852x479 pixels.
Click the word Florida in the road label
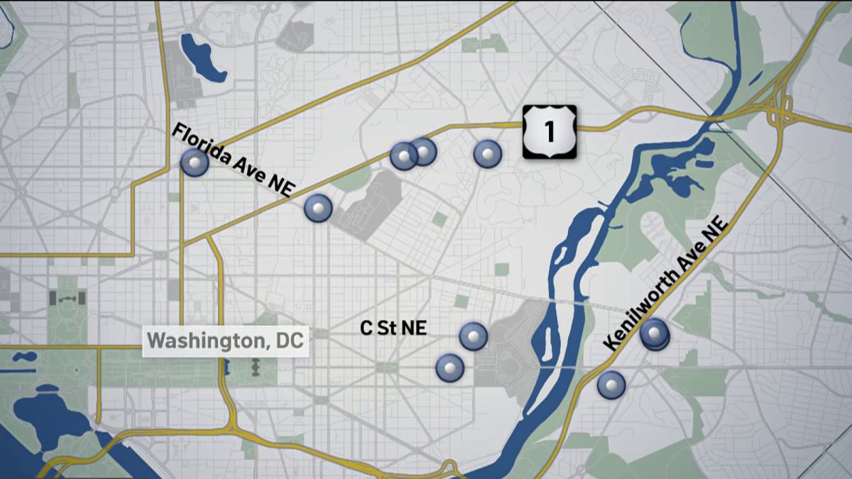(x=200, y=143)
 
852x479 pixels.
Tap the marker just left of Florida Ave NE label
(x=195, y=163)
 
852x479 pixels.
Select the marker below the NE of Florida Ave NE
(x=317, y=208)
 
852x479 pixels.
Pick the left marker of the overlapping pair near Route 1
(x=403, y=156)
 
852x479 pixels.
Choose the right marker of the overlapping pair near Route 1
(x=424, y=151)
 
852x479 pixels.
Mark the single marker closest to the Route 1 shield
(x=488, y=153)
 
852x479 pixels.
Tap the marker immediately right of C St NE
(x=474, y=336)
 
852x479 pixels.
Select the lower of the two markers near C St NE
(x=449, y=368)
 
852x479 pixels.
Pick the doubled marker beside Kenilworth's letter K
(x=654, y=334)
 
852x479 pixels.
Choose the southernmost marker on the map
(x=611, y=385)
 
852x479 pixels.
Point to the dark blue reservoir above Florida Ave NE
(x=202, y=57)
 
